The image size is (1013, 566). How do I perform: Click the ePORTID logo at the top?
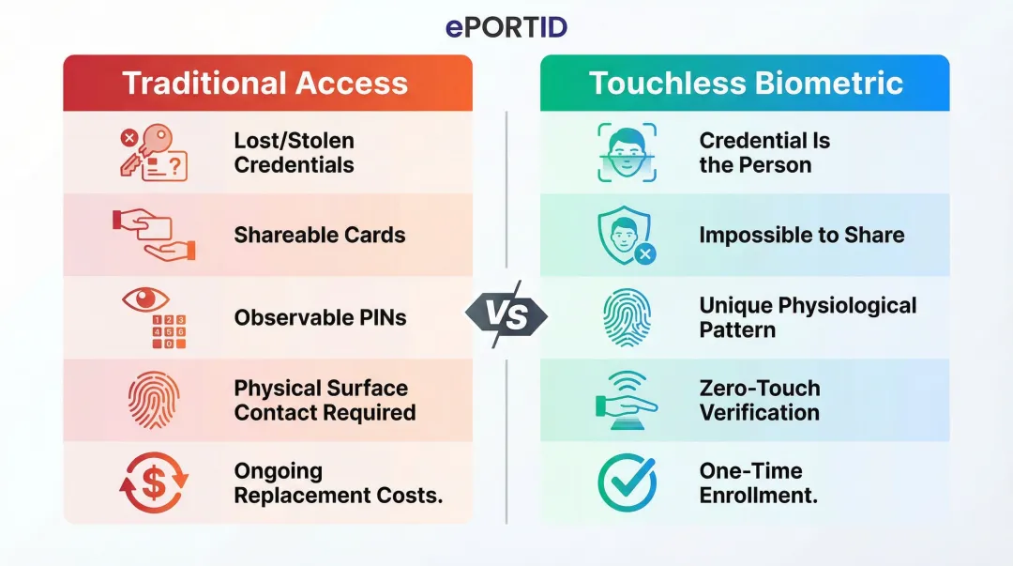click(506, 27)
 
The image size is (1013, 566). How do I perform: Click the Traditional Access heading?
click(266, 83)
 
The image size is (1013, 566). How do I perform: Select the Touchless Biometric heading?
click(746, 83)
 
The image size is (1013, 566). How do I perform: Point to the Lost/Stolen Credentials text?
click(294, 153)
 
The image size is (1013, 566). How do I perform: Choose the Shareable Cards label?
click(320, 235)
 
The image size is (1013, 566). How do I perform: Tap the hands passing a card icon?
click(153, 235)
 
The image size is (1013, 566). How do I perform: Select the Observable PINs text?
click(320, 317)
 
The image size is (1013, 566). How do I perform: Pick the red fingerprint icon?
click(153, 400)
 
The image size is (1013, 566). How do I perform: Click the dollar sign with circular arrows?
click(153, 482)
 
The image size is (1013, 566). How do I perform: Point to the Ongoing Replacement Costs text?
click(338, 482)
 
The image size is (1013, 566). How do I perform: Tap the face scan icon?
click(627, 152)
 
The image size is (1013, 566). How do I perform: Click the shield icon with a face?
click(626, 236)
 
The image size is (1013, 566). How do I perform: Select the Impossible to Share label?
click(802, 235)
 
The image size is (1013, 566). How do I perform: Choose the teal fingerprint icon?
click(627, 317)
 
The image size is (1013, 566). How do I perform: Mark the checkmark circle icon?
click(627, 482)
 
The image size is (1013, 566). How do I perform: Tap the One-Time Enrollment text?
click(758, 482)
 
